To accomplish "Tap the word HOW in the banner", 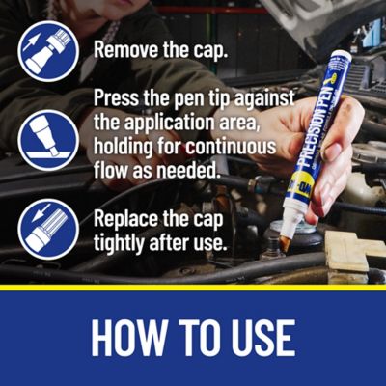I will point(133,337).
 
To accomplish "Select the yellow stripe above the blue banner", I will point(193,287).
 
